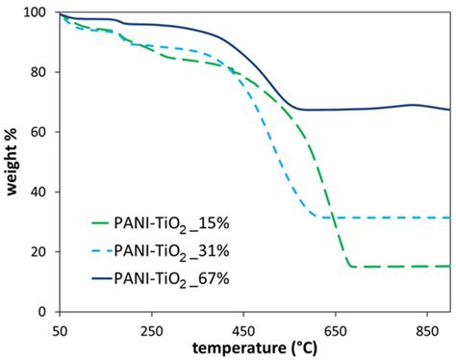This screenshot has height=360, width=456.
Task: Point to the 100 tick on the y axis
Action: click(x=38, y=13)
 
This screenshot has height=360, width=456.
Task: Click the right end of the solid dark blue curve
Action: click(x=448, y=110)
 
